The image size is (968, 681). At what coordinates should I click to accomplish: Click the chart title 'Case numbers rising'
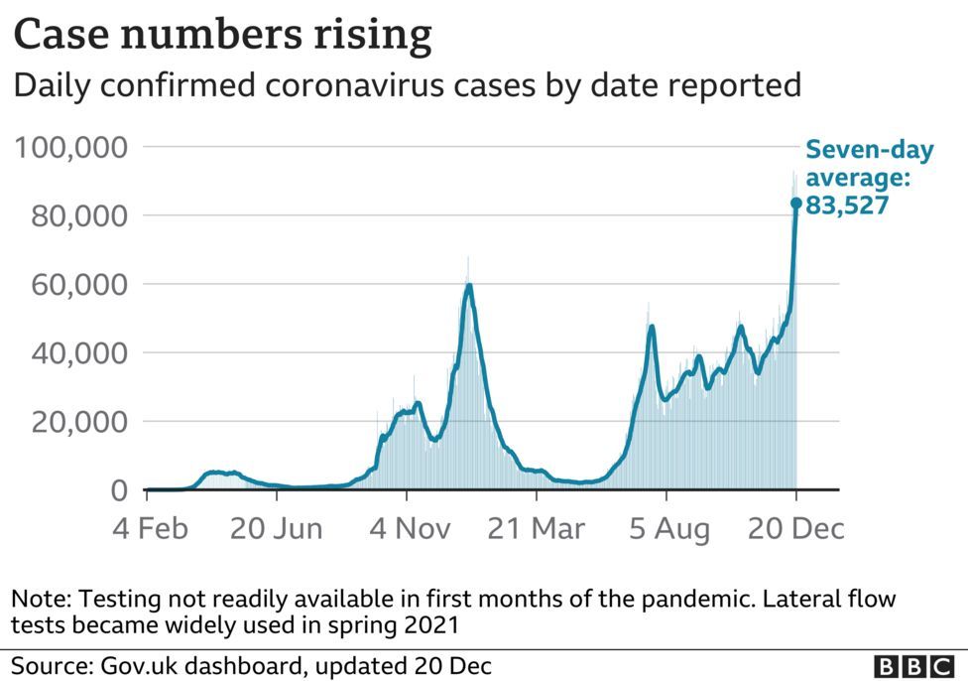(x=222, y=35)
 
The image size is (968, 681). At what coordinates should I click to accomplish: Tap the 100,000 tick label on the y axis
(x=71, y=148)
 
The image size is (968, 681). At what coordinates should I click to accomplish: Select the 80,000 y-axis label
(x=79, y=216)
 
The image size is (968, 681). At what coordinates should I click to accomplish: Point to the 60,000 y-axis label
(x=79, y=285)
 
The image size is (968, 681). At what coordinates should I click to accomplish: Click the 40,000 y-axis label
(x=79, y=353)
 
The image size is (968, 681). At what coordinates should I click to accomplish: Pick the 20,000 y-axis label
(x=79, y=422)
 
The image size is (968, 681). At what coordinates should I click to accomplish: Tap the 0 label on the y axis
(x=119, y=490)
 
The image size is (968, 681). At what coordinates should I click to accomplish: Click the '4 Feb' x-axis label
(x=150, y=529)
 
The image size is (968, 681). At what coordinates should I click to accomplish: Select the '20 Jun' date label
(x=276, y=529)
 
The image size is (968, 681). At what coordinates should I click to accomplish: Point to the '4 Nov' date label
(x=410, y=529)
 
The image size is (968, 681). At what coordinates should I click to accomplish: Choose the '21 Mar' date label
(x=536, y=529)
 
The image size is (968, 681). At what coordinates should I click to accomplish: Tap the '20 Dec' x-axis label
(x=795, y=529)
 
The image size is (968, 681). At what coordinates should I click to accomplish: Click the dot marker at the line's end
(x=795, y=203)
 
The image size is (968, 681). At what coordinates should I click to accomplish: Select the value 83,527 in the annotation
(x=847, y=205)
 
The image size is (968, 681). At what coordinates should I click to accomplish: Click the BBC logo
(x=914, y=667)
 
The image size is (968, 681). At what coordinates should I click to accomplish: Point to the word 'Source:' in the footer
(x=52, y=666)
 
